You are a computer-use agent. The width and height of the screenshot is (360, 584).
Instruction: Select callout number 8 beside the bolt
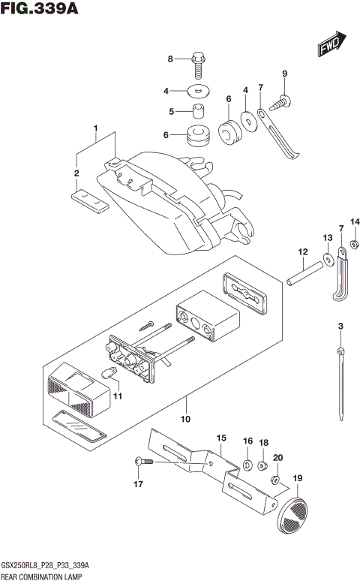170,59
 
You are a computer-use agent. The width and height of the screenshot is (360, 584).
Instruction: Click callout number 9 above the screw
284,73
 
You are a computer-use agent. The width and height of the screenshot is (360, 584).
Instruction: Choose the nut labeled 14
355,243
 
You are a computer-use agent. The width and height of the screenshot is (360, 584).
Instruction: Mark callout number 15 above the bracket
221,438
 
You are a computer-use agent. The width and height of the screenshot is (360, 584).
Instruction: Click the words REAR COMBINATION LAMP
42,576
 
